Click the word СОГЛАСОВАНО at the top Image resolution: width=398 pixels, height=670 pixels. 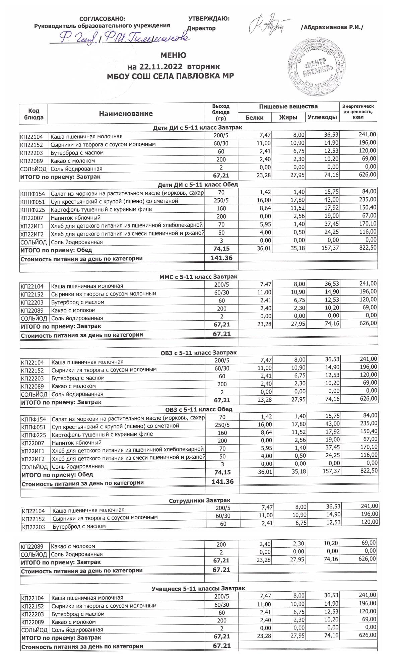click(103, 19)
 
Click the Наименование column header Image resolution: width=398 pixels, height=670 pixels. click(126, 114)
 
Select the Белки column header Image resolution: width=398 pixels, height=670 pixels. click(254, 117)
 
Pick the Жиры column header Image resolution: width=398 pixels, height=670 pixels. click(288, 117)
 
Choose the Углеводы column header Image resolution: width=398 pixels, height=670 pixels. click(322, 117)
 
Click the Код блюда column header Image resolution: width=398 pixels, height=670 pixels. click(34, 114)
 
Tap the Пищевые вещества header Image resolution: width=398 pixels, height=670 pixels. click(288, 107)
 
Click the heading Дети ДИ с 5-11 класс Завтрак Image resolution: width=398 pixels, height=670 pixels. click(197, 128)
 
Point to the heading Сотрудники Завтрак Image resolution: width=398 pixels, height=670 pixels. click(199, 500)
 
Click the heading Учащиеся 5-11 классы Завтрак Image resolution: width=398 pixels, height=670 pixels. click(198, 589)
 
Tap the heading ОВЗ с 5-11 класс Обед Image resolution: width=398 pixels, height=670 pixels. click(199, 409)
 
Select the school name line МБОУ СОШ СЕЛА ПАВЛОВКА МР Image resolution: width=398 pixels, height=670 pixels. click(170, 76)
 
